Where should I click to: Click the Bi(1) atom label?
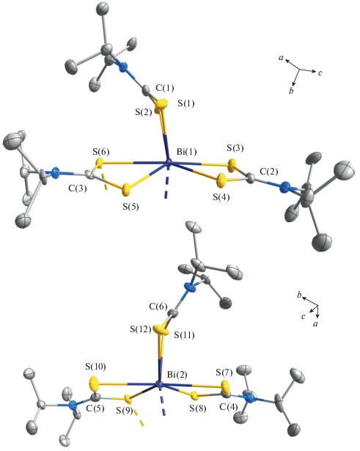[187, 152]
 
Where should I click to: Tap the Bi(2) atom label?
[177, 375]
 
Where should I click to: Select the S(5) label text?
[131, 207]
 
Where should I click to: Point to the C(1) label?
[165, 88]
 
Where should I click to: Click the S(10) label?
[95, 367]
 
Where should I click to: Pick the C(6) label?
[158, 307]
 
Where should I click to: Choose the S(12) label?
[140, 329]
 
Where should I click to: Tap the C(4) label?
[229, 407]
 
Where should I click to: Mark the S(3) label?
[235, 148]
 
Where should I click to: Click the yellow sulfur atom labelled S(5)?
[127, 190]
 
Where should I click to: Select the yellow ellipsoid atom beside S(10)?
[94, 384]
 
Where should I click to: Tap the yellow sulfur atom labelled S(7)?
[226, 385]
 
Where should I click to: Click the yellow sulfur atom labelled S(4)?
[221, 180]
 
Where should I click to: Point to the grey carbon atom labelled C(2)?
[251, 179]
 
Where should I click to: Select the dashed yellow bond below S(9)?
[138, 417]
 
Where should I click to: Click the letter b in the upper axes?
[291, 91]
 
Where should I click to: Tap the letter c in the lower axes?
[303, 317]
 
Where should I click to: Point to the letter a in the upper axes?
[281, 58]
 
